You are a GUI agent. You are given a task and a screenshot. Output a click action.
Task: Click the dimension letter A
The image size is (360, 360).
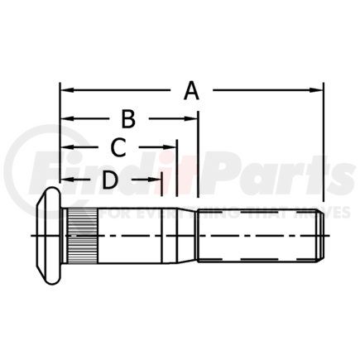click(x=191, y=90)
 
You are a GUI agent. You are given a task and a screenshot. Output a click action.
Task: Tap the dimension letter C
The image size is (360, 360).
click(x=118, y=148)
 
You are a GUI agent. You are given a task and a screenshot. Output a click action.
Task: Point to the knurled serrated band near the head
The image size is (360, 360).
click(x=80, y=237)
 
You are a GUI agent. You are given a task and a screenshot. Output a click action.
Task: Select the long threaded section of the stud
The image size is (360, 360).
click(x=257, y=238)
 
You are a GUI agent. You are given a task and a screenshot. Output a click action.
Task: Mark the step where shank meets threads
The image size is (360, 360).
click(x=197, y=237)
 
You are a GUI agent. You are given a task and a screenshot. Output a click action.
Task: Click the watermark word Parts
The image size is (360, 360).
click(x=273, y=175)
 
